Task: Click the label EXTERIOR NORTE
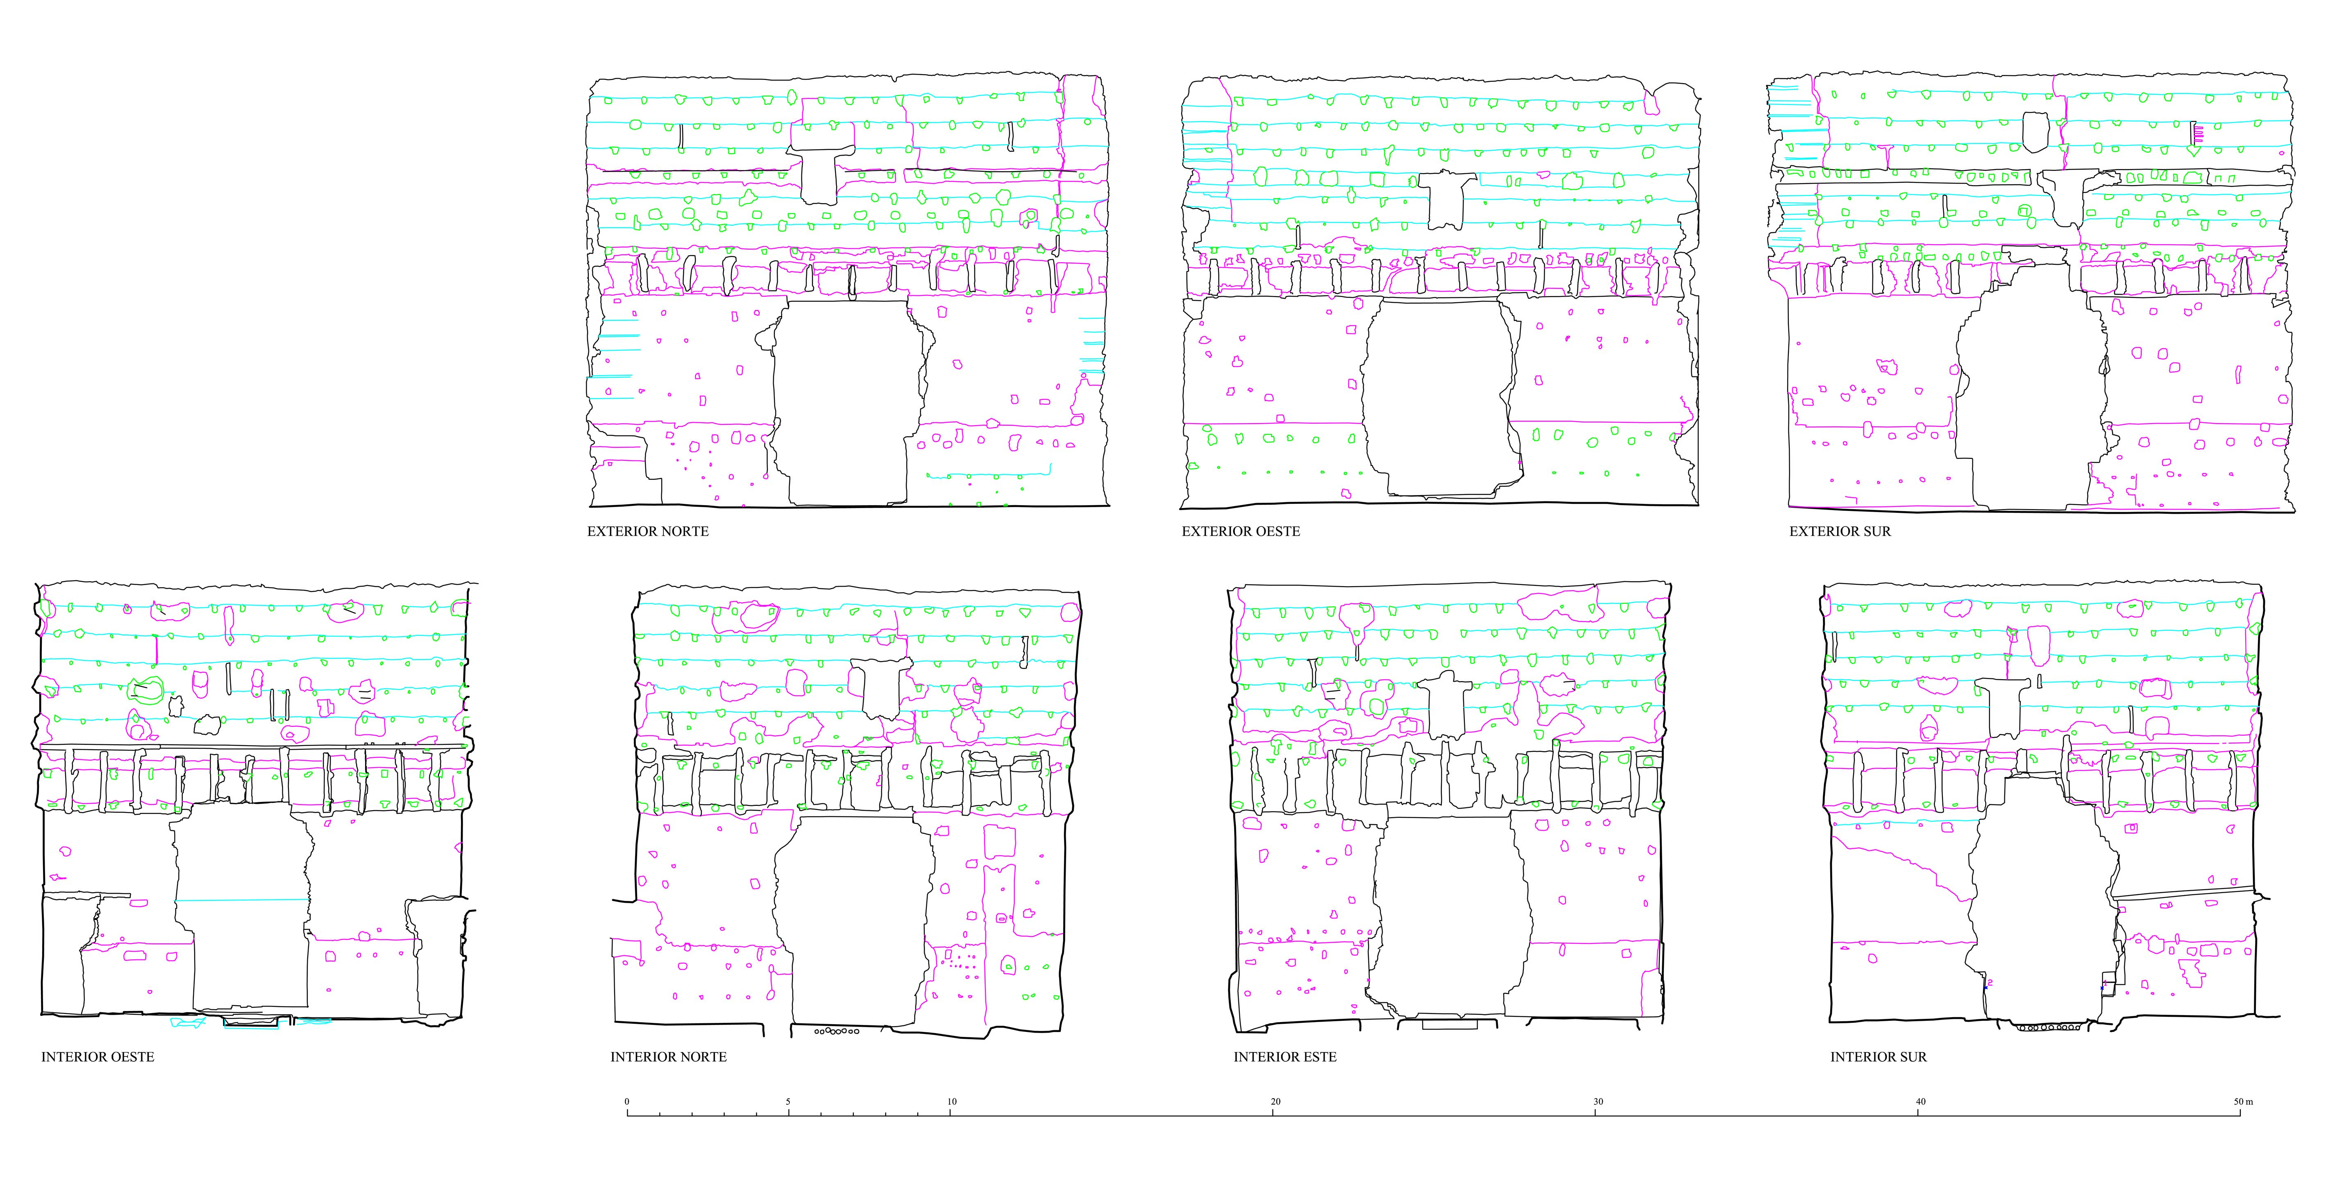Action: tap(648, 531)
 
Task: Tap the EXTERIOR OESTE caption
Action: tap(1241, 531)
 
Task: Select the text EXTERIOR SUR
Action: tap(1840, 531)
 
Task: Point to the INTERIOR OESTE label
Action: tap(98, 1057)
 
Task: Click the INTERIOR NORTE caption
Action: tap(669, 1057)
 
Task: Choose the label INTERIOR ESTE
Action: tap(1285, 1057)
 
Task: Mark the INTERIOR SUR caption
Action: tap(1878, 1057)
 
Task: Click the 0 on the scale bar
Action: tap(626, 1102)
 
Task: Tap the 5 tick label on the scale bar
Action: tap(788, 1102)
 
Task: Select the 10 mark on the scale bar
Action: tap(952, 1102)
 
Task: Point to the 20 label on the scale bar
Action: tap(1275, 1102)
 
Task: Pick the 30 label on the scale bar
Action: tap(1598, 1102)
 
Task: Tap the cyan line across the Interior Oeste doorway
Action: tap(242, 900)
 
